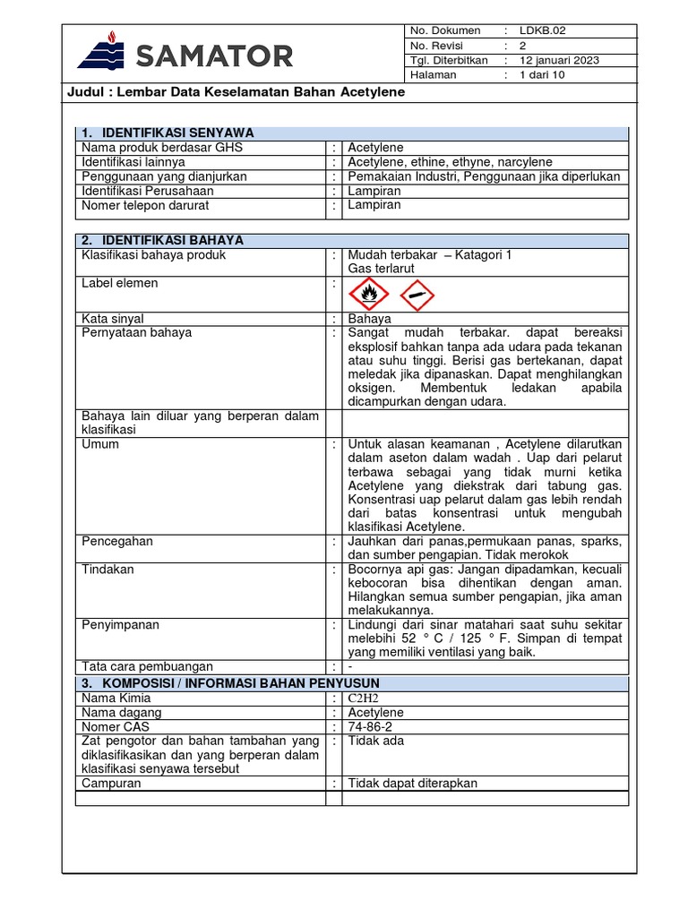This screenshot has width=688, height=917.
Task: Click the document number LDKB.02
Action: pos(543,30)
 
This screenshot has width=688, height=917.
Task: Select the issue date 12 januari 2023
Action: pos(560,60)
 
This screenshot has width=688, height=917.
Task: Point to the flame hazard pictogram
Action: pos(368,293)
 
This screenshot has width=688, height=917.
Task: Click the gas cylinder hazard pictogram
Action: pos(414,293)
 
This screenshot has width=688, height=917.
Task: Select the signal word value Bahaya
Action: pos(369,319)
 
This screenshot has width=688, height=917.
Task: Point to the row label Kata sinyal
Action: pos(113,319)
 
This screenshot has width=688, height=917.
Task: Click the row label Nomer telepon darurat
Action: pos(145,205)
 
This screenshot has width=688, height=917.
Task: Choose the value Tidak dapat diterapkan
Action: pos(413,783)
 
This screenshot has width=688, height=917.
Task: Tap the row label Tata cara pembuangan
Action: pos(148,666)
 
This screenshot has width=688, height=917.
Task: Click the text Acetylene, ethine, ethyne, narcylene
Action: pos(450,162)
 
